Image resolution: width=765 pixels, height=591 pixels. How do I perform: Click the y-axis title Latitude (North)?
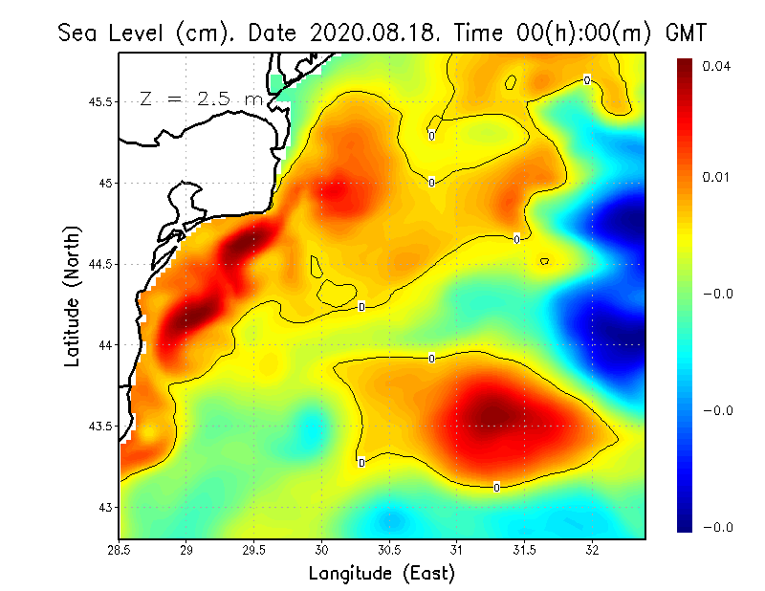[72, 296]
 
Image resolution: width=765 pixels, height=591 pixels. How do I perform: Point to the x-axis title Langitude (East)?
[382, 573]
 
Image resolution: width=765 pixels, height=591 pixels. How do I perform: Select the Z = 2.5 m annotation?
[201, 99]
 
